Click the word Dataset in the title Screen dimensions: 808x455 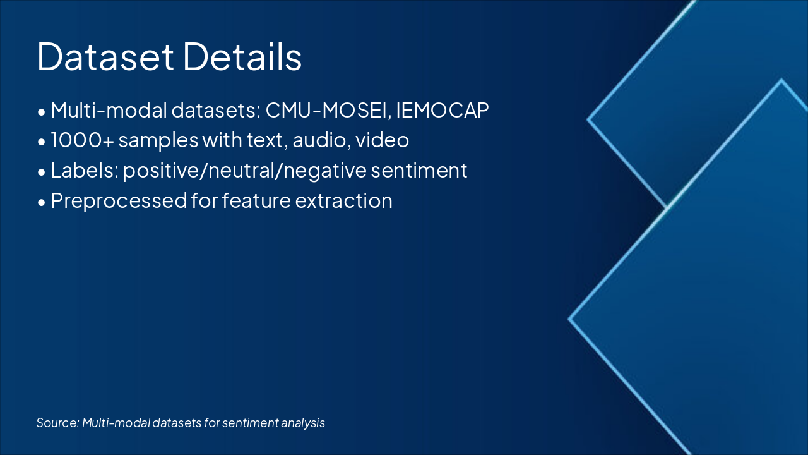coord(105,56)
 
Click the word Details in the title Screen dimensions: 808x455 coord(242,56)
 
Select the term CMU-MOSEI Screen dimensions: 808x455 coord(326,110)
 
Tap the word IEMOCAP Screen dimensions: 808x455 coord(443,110)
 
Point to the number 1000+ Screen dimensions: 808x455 coord(83,140)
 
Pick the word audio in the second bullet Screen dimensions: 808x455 coord(319,140)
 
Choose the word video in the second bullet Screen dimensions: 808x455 coord(383,140)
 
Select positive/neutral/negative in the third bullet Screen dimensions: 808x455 coord(244,171)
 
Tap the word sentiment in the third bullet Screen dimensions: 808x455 coord(419,171)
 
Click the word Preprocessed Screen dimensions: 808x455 coord(119,201)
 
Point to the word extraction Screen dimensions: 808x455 coord(344,201)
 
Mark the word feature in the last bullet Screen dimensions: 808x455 coord(256,200)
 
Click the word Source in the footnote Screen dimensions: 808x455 coord(57,423)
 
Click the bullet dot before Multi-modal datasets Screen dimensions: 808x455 coord(42,112)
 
